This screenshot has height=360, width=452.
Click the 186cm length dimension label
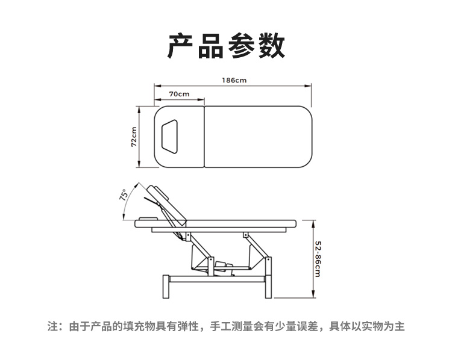tap(233, 80)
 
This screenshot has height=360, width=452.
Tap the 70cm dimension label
tap(179, 94)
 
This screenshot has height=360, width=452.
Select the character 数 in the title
tap(271, 46)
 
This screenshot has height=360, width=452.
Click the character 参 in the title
tap(241, 46)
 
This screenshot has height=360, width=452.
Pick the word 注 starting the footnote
tap(52, 327)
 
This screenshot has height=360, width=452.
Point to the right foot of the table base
tap(268, 288)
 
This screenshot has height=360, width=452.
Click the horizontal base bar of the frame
tap(216, 279)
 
